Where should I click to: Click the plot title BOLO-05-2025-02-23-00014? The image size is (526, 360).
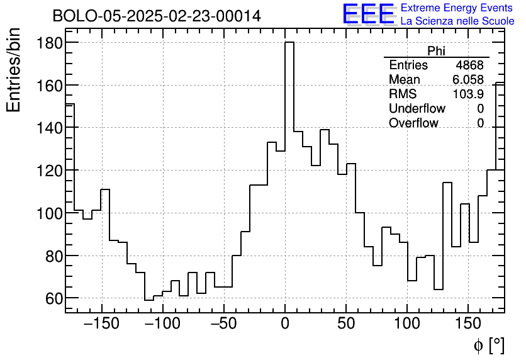pyautogui.click(x=156, y=16)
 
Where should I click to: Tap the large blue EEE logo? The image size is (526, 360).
pyautogui.click(x=369, y=14)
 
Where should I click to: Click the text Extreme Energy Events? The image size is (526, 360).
pyautogui.click(x=457, y=8)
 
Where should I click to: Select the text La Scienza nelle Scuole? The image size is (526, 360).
pyautogui.click(x=457, y=21)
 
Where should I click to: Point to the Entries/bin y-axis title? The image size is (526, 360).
pyautogui.click(x=14, y=70)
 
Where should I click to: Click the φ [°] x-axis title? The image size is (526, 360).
pyautogui.click(x=489, y=345)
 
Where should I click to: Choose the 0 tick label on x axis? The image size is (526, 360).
pyautogui.click(x=285, y=324)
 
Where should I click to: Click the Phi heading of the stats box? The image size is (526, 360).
pyautogui.click(x=436, y=51)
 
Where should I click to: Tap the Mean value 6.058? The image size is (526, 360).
pyautogui.click(x=467, y=79)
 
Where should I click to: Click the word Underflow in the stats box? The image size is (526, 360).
pyautogui.click(x=417, y=109)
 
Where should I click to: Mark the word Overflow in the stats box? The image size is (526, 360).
pyautogui.click(x=413, y=123)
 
